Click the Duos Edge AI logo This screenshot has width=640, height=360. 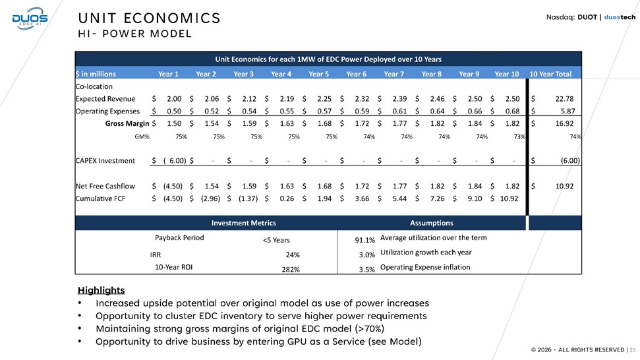(29, 19)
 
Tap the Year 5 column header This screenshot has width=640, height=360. (319, 73)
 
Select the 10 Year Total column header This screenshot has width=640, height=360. (555, 73)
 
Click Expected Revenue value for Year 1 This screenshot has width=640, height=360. (174, 99)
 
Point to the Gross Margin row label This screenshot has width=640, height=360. (128, 123)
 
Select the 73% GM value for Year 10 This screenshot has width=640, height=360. (518, 136)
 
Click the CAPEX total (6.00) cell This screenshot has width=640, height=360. (569, 160)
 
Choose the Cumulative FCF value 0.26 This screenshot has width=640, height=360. (287, 198)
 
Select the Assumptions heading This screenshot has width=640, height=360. (431, 223)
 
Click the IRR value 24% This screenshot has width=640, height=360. (293, 255)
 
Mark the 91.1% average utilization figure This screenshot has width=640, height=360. (364, 240)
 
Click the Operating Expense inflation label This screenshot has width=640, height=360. (425, 267)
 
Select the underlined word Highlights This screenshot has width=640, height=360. (101, 290)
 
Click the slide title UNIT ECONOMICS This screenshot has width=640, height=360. (148, 16)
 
